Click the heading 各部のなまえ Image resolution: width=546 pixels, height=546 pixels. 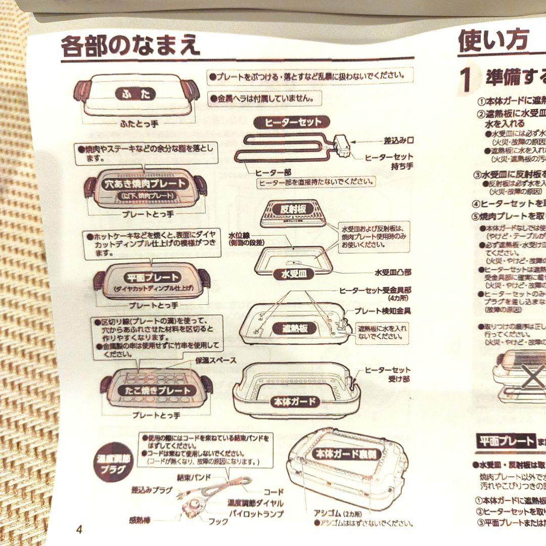(130, 46)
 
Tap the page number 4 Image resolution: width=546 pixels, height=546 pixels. (78, 530)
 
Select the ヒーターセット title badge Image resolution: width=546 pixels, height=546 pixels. (293, 122)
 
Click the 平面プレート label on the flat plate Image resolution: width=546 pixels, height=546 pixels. (152, 277)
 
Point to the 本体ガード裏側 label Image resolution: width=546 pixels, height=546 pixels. (346, 453)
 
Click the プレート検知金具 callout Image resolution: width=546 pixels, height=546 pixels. (382, 311)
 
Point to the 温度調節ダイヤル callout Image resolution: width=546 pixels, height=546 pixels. (255, 504)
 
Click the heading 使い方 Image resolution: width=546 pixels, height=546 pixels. (486, 40)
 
